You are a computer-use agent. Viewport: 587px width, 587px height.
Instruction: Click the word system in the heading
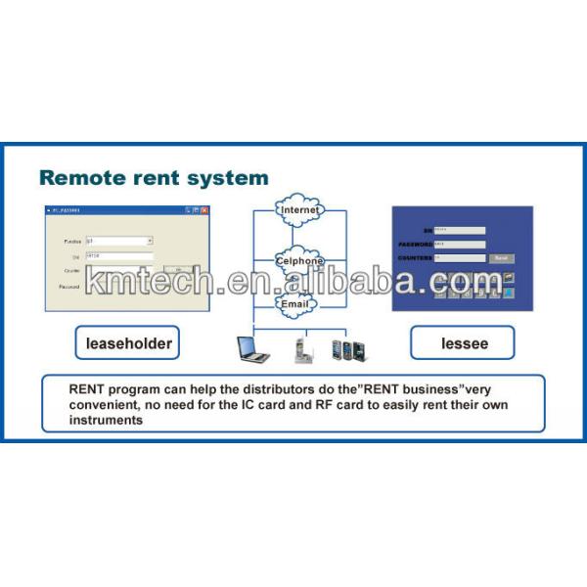tap(232, 178)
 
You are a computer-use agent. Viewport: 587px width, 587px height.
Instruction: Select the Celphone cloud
tap(299, 261)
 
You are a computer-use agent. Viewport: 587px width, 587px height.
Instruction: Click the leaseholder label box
tap(128, 343)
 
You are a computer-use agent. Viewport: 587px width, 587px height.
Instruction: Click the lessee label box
tap(464, 343)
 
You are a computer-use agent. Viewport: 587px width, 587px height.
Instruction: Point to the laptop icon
tap(250, 349)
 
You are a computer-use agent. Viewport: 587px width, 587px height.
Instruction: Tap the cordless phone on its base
tap(302, 350)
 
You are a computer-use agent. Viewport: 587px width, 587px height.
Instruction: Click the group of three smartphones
tap(347, 349)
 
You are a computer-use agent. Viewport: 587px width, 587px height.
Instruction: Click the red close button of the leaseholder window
tap(205, 210)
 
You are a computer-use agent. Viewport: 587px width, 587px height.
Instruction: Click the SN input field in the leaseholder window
tap(119, 255)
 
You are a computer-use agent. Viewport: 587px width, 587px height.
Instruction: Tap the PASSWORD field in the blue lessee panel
tap(459, 244)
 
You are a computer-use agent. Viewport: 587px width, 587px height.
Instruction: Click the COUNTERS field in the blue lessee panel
tap(459, 258)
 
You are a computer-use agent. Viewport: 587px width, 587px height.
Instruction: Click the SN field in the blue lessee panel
tap(459, 231)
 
